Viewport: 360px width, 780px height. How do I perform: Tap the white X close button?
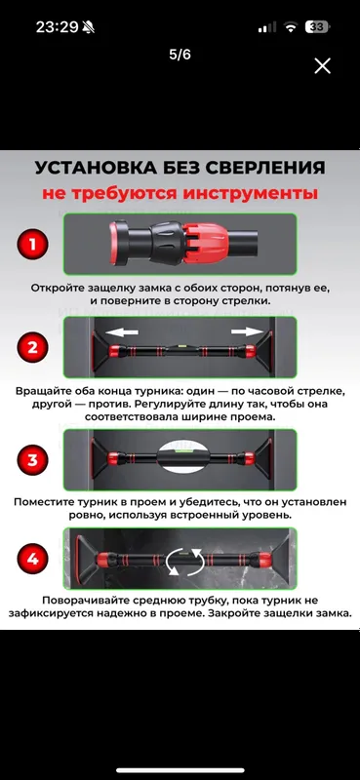[322, 65]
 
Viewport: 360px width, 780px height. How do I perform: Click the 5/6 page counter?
[180, 55]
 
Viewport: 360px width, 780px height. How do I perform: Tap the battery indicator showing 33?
[317, 27]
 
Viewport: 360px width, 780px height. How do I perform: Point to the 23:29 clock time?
[59, 27]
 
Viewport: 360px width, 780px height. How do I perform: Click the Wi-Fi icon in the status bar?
[290, 27]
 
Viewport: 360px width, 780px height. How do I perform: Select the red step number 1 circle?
[32, 245]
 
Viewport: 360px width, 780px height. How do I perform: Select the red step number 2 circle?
[32, 347]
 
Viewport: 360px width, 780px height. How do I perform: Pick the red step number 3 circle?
[32, 459]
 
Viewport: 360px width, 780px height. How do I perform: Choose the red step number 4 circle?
[32, 559]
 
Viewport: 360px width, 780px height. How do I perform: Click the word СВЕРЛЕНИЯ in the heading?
[260, 168]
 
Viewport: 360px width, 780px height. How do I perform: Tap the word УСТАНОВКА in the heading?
[91, 168]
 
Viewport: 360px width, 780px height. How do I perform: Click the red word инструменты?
[250, 193]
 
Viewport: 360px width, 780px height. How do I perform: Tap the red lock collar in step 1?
[207, 243]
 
